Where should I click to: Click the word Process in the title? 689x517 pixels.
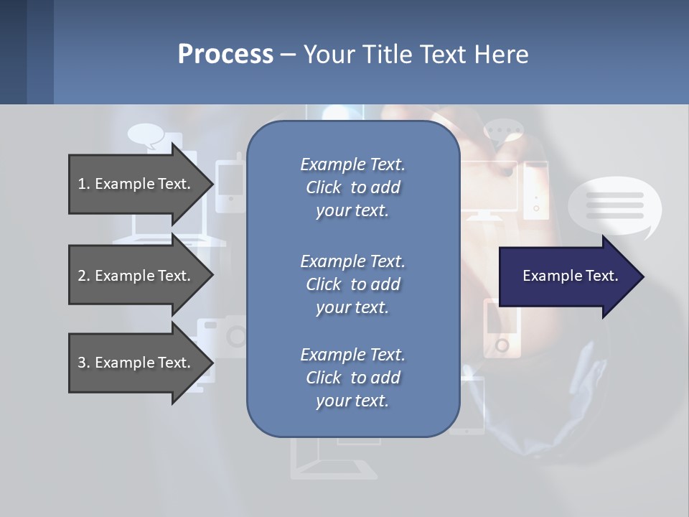click(225, 54)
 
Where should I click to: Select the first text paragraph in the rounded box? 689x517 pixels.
click(352, 187)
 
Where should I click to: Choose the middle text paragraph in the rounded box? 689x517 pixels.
click(352, 284)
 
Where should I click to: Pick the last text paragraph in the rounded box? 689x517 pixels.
click(352, 378)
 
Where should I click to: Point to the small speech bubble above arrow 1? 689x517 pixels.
click(146, 135)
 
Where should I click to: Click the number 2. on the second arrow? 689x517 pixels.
click(83, 276)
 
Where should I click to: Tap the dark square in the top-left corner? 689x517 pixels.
click(13, 52)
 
